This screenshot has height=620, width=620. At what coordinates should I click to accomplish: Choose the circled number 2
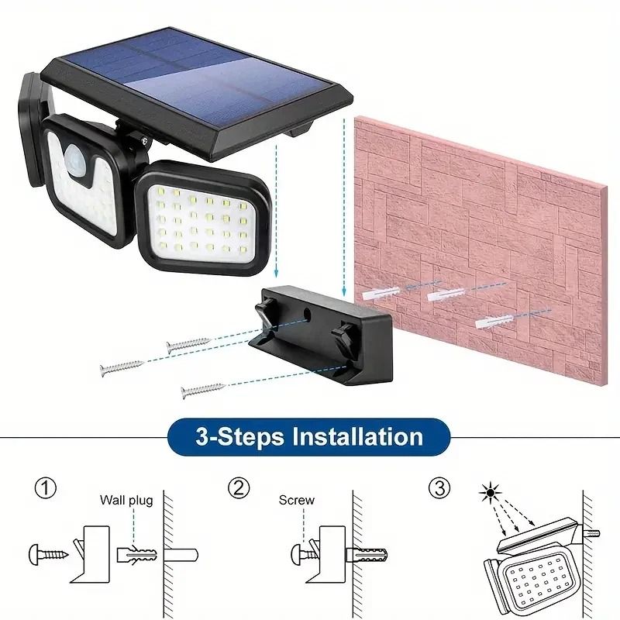(239, 488)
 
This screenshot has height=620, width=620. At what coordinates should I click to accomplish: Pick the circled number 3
(439, 488)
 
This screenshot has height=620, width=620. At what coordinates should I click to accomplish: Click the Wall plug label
(126, 501)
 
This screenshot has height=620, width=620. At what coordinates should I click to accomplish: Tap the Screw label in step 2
(297, 501)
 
